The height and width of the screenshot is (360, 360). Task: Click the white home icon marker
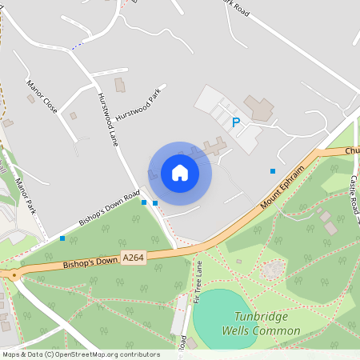(x=180, y=173)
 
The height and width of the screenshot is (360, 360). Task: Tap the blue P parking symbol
(x=235, y=122)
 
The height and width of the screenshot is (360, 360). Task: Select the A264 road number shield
(x=133, y=257)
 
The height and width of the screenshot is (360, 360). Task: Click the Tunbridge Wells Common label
(x=267, y=323)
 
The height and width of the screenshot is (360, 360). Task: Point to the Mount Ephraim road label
(x=283, y=190)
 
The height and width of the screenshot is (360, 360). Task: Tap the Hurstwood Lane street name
(x=107, y=118)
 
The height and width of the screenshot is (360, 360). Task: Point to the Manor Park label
(x=26, y=194)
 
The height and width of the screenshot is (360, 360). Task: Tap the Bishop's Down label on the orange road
(x=90, y=262)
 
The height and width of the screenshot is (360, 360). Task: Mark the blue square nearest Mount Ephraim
(x=273, y=170)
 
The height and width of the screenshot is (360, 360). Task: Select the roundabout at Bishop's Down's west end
(x=13, y=274)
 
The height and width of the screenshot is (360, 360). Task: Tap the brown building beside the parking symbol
(x=258, y=107)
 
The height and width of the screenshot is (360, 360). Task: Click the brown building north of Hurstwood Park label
(x=120, y=84)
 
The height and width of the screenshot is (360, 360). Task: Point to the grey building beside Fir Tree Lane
(x=179, y=319)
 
